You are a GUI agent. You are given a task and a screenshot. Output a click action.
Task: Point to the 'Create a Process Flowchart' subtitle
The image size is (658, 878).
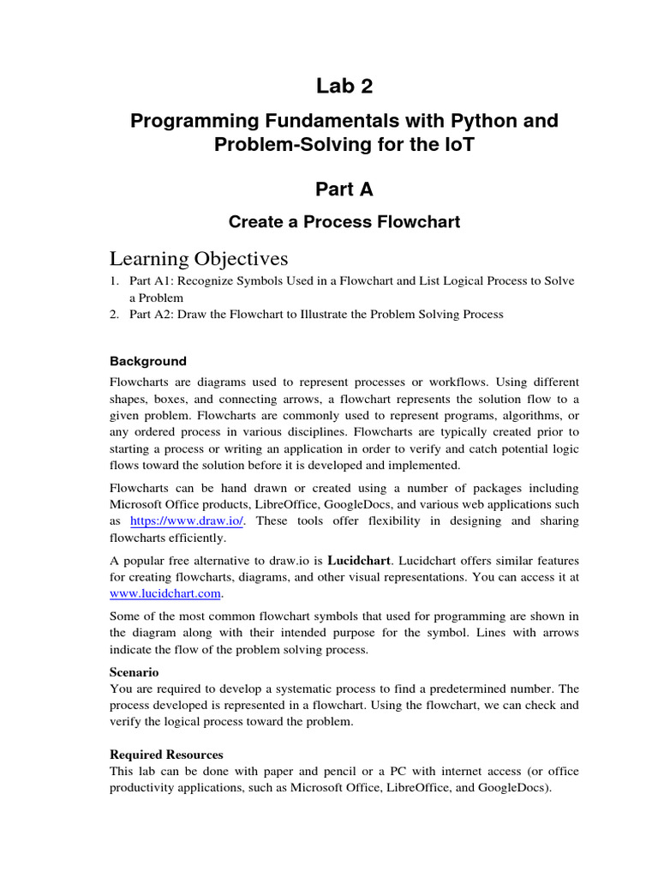tap(344, 222)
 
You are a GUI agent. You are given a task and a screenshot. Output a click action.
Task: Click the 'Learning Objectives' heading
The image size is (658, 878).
tap(199, 259)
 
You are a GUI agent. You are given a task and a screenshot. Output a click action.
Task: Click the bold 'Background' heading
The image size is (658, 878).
tap(148, 361)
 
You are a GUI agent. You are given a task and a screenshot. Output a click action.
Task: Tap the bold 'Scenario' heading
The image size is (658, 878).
tap(135, 672)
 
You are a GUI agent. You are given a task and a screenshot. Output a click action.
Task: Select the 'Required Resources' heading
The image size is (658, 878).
tap(167, 755)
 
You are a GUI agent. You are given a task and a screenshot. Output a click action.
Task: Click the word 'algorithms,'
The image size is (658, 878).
tap(533, 414)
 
